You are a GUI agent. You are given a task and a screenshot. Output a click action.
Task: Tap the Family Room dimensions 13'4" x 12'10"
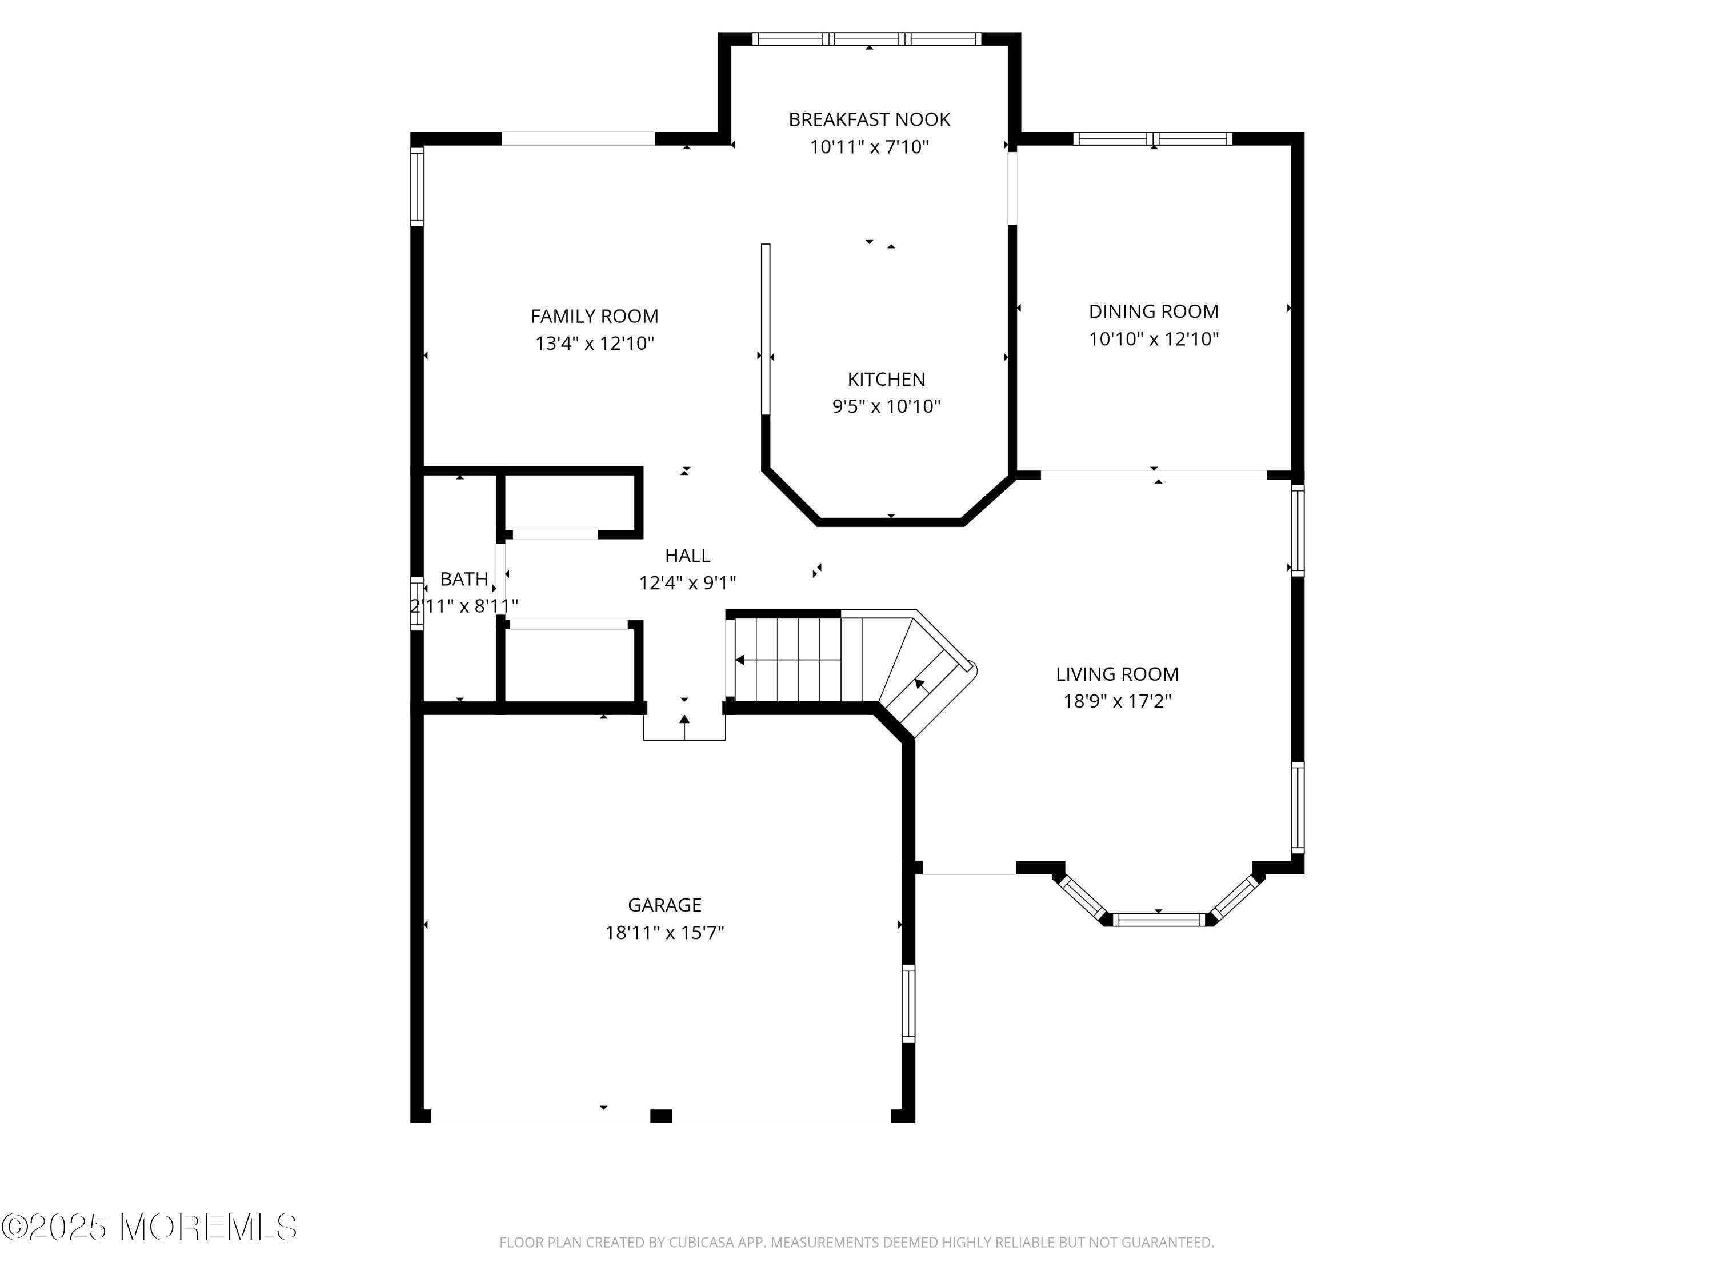pyautogui.click(x=594, y=344)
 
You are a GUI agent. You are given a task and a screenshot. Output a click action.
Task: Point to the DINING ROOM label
pyautogui.click(x=1153, y=311)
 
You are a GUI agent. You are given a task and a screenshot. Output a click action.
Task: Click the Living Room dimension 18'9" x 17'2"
pyautogui.click(x=1116, y=701)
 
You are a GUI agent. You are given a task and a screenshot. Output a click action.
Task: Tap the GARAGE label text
pyautogui.click(x=664, y=905)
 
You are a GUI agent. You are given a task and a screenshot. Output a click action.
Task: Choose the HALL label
pyautogui.click(x=687, y=556)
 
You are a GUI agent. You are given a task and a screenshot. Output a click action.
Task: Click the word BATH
pyautogui.click(x=463, y=579)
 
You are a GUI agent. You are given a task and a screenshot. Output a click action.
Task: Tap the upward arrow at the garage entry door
pyautogui.click(x=684, y=721)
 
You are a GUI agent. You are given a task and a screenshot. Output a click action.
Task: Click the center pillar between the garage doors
pyautogui.click(x=660, y=1116)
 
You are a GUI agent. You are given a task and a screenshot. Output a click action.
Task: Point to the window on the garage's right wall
pyautogui.click(x=908, y=1003)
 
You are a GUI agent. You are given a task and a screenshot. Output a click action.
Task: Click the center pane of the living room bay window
pyautogui.click(x=1159, y=920)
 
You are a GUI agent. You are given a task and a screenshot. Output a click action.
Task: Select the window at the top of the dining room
pyautogui.click(x=1152, y=139)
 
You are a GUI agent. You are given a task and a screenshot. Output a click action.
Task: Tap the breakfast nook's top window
pyautogui.click(x=868, y=39)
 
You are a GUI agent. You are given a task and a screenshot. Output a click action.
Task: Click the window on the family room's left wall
pyautogui.click(x=417, y=186)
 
